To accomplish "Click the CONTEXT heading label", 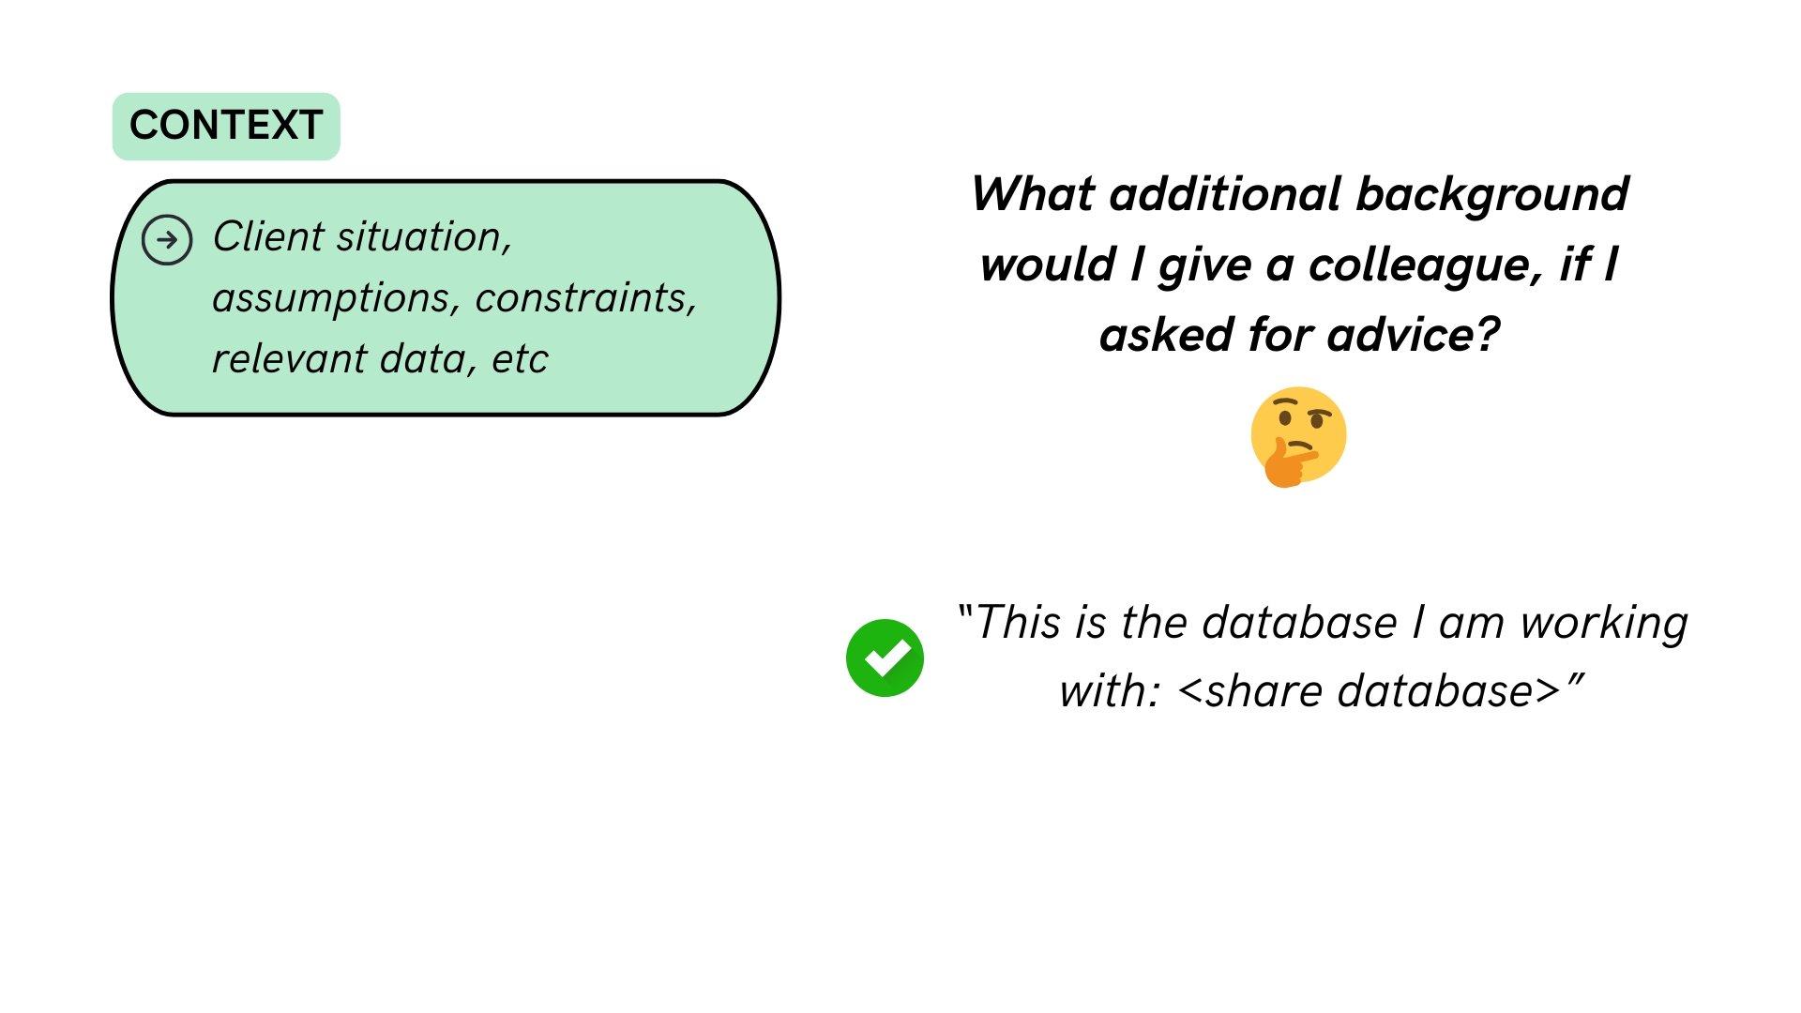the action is [226, 126].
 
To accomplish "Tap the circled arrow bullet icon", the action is [167, 240].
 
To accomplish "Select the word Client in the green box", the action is [268, 236].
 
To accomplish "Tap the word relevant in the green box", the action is [290, 358].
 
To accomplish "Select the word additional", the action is [1225, 194].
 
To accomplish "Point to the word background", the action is [1492, 196].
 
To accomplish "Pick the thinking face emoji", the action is [1299, 437].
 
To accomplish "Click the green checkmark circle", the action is [885, 658].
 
